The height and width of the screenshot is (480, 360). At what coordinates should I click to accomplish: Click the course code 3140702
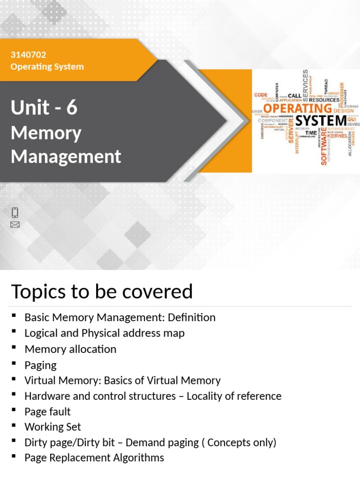click(x=28, y=55)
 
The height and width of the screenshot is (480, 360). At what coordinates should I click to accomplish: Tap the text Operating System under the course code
click(x=47, y=67)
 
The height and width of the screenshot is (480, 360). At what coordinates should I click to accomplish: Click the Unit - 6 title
click(x=44, y=108)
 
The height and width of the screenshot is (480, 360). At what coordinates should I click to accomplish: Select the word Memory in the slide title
click(x=46, y=133)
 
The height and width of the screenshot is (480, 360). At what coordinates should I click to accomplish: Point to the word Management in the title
click(x=66, y=156)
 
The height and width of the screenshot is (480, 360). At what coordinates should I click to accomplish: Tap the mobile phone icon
click(x=15, y=212)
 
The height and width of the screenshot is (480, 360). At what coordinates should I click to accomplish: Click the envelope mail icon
click(x=15, y=225)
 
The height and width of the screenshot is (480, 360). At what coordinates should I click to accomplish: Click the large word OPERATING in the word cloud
click(x=297, y=108)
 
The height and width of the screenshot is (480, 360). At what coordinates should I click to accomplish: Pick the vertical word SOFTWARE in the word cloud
click(x=323, y=146)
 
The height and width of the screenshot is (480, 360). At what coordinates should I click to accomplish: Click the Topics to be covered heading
click(x=102, y=292)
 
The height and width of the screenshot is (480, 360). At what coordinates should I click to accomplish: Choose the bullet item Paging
click(x=40, y=365)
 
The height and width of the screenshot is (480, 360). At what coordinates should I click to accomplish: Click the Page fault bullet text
click(x=47, y=412)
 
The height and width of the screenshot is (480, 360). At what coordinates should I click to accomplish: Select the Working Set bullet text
click(x=52, y=427)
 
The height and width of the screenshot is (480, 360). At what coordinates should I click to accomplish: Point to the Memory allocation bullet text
click(x=70, y=349)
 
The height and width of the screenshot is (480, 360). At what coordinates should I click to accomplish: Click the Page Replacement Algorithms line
click(x=94, y=458)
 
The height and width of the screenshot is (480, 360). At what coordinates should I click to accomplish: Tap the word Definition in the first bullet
click(x=193, y=318)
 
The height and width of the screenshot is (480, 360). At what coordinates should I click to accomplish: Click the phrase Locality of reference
click(x=234, y=396)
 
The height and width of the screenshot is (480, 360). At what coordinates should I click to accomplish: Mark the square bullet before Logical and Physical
click(x=14, y=332)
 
